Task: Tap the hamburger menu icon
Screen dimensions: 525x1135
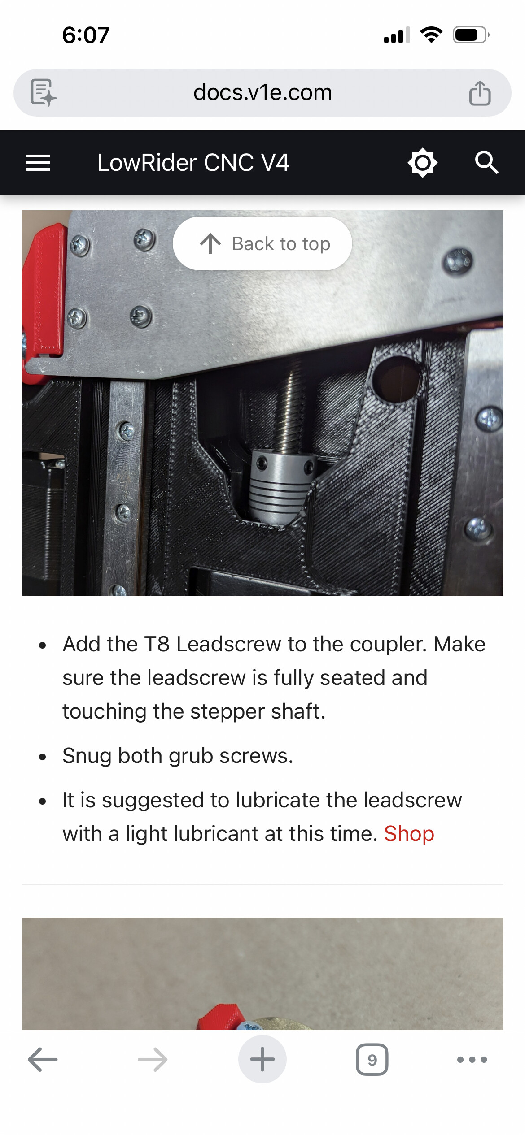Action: (38, 163)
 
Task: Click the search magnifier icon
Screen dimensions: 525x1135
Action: (487, 162)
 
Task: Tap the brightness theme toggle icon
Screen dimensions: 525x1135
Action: (422, 163)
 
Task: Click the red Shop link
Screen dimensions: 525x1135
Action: (409, 834)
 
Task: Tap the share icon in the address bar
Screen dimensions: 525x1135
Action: (480, 93)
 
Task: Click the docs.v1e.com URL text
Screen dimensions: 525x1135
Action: (262, 93)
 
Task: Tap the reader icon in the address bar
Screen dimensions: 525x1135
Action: (44, 93)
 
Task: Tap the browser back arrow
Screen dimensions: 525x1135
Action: (43, 1060)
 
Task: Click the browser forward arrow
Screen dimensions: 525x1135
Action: (153, 1060)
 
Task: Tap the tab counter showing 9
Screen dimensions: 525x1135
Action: (372, 1060)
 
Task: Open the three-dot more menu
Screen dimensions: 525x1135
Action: (472, 1060)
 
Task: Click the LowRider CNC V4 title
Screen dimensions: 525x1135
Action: (193, 163)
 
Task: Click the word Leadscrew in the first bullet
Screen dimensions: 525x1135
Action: (229, 645)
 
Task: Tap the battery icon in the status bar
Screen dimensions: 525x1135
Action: (471, 35)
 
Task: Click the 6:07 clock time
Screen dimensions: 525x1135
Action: (86, 35)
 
